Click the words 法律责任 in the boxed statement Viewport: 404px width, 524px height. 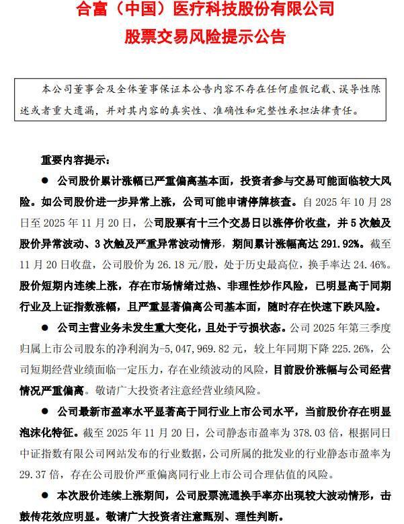(337, 108)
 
